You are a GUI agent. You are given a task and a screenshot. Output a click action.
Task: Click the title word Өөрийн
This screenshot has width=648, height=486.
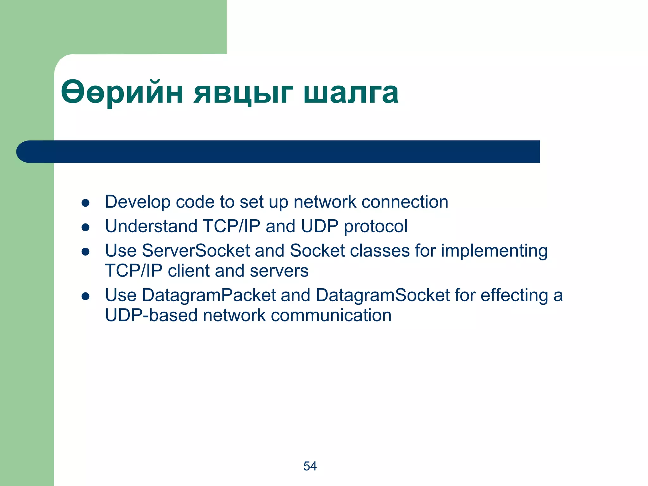(122, 93)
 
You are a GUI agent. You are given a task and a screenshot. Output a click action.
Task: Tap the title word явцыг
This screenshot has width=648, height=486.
(243, 93)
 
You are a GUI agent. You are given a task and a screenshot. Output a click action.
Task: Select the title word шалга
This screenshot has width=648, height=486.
(351, 93)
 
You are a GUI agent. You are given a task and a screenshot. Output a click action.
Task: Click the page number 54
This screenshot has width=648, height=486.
(310, 466)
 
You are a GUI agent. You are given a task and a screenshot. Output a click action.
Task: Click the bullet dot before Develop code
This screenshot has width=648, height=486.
(85, 203)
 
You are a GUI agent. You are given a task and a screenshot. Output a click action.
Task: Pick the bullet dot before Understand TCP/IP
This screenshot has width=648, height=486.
(85, 227)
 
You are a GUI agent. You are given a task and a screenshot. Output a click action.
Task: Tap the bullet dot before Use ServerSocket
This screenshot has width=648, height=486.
(85, 252)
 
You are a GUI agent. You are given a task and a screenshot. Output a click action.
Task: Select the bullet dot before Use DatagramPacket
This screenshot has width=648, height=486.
(85, 296)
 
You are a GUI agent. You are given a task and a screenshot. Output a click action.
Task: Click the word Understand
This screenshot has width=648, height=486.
(151, 226)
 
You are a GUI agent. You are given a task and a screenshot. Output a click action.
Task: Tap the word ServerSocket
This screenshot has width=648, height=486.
(196, 251)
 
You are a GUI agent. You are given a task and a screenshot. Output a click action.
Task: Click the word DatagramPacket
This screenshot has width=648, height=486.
(209, 296)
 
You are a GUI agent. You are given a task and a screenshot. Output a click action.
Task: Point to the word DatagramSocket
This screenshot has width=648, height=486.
(383, 296)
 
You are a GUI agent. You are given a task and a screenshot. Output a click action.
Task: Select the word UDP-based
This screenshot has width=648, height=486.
(151, 315)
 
